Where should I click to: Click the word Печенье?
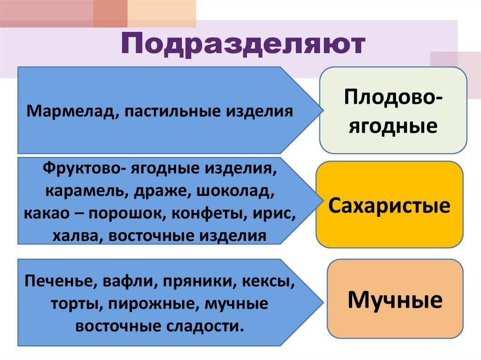[x=55, y=282]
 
